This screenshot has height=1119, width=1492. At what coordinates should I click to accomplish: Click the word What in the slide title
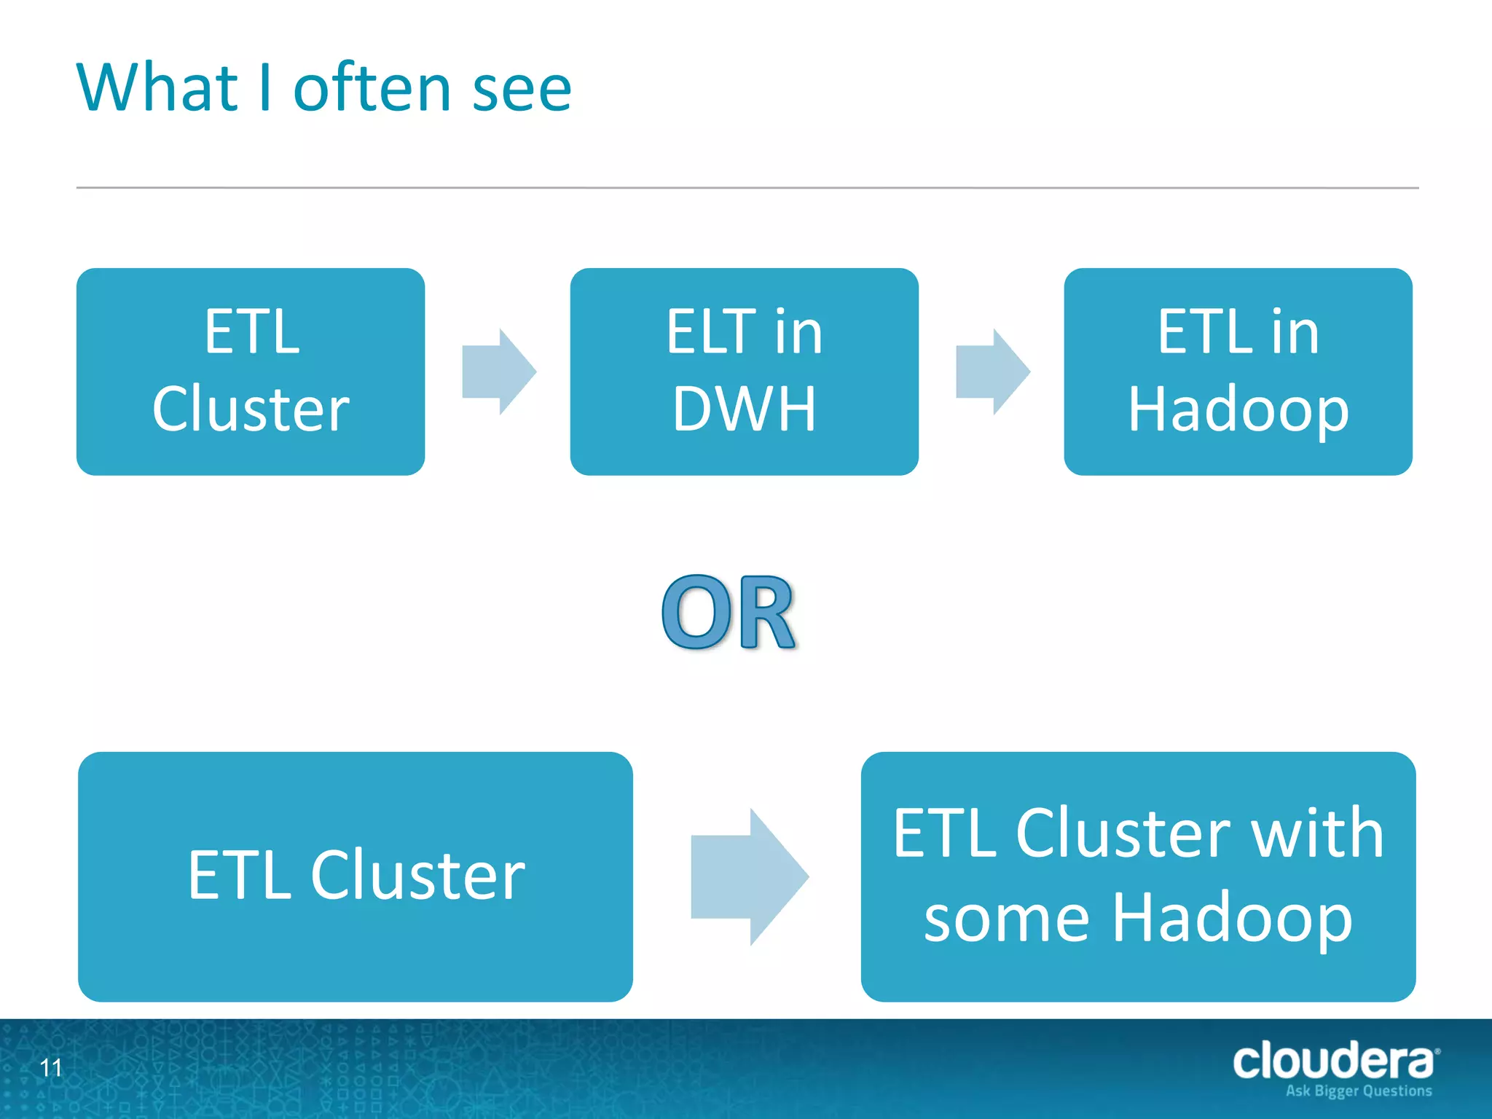(x=157, y=88)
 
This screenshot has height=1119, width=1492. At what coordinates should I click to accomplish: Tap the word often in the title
(x=372, y=88)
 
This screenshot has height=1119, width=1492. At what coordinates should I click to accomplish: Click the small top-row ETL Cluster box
(x=251, y=372)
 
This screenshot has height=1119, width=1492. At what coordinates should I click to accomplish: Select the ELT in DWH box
(x=744, y=372)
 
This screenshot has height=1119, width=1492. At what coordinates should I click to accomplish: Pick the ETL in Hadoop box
(x=1238, y=372)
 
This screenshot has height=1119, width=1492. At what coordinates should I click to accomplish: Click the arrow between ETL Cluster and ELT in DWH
(x=499, y=372)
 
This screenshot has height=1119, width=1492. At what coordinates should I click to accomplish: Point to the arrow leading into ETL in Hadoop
(x=992, y=372)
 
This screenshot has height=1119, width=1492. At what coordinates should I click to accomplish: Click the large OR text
(x=729, y=612)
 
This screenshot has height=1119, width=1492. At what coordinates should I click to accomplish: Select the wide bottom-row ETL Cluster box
(x=356, y=876)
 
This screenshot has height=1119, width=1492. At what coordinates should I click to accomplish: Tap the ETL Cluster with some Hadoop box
(x=1138, y=876)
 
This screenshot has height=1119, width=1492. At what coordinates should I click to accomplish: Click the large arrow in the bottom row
(x=749, y=876)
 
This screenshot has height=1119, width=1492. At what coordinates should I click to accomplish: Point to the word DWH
(x=744, y=409)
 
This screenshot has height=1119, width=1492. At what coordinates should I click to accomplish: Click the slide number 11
(x=51, y=1068)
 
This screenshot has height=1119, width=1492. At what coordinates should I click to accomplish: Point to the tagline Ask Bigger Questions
(x=1359, y=1091)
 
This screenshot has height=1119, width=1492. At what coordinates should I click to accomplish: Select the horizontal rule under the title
(x=747, y=188)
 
